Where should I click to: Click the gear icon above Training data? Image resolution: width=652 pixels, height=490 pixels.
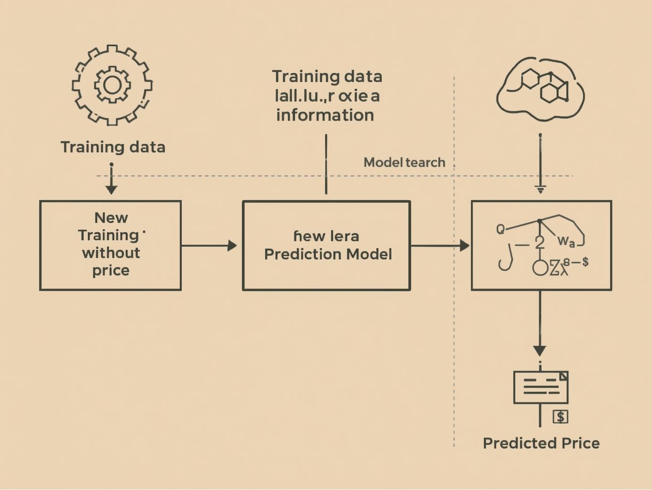pyautogui.click(x=112, y=85)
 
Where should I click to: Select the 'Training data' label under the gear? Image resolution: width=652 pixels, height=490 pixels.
pyautogui.click(x=113, y=147)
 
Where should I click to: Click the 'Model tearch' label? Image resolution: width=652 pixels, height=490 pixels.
pyautogui.click(x=404, y=163)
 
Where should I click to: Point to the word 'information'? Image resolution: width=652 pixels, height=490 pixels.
pyautogui.click(x=325, y=115)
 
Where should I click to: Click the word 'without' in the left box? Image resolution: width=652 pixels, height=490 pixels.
pyautogui.click(x=111, y=253)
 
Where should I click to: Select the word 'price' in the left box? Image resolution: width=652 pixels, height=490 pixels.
pyautogui.click(x=111, y=270)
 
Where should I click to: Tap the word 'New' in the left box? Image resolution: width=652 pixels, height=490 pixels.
pyautogui.click(x=111, y=218)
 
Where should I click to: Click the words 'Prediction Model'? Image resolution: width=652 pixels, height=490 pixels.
pyautogui.click(x=328, y=254)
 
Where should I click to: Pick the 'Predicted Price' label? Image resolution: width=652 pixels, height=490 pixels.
pyautogui.click(x=541, y=443)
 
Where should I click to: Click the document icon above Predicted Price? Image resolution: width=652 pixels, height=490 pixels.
pyautogui.click(x=541, y=387)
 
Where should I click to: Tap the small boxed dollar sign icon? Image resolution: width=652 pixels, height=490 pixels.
pyautogui.click(x=560, y=417)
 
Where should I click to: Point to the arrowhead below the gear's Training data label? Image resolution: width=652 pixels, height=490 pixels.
pyautogui.click(x=111, y=189)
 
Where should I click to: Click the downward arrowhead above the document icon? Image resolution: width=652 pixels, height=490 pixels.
pyautogui.click(x=540, y=351)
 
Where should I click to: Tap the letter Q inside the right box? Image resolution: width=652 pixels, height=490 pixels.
pyautogui.click(x=500, y=229)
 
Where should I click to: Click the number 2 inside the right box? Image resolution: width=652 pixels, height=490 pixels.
pyautogui.click(x=540, y=243)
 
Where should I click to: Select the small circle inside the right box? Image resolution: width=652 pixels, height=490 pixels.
pyautogui.click(x=540, y=268)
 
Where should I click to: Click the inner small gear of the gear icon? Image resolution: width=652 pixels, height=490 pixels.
pyautogui.click(x=112, y=85)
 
